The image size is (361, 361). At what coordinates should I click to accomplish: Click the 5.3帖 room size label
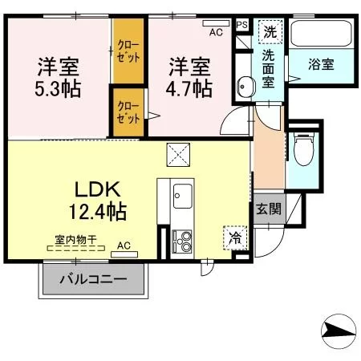(x=58, y=88)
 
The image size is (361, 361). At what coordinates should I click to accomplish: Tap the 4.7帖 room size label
(x=189, y=88)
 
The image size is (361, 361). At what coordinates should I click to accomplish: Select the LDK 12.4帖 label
(x=98, y=201)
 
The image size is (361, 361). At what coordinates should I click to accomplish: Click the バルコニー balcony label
(x=93, y=280)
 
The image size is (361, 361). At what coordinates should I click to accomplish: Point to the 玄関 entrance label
(x=269, y=209)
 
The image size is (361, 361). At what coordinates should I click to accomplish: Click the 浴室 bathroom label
(x=321, y=64)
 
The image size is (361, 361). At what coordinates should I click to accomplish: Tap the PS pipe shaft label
(x=242, y=25)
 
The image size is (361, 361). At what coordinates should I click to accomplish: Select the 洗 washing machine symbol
(x=270, y=31)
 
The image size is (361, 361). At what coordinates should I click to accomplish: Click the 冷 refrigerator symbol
(x=235, y=237)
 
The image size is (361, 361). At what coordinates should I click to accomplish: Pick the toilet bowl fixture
(x=303, y=149)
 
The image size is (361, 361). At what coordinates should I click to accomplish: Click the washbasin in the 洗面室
(x=245, y=87)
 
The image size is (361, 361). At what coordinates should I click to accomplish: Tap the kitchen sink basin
(x=182, y=196)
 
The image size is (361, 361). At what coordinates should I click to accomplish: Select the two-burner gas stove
(x=182, y=241)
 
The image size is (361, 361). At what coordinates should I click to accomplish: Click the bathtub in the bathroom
(x=322, y=34)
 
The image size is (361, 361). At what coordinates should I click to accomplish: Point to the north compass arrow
(x=339, y=331)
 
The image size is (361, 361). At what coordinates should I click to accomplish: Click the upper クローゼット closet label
(x=128, y=51)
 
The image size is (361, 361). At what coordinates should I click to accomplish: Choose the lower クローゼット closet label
(x=128, y=112)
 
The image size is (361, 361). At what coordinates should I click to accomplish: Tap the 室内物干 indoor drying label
(x=75, y=239)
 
